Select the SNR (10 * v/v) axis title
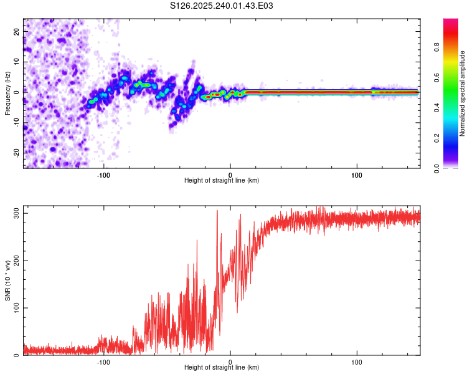coord(7,281)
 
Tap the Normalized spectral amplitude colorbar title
coord(462,93)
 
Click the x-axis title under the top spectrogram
coord(222,181)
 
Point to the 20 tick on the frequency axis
coord(17,31)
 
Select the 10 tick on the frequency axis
coord(17,62)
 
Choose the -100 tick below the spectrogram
coord(103,174)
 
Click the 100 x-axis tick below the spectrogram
coord(357,174)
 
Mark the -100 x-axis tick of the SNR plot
coord(103,362)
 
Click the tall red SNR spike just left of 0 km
coord(217,212)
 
